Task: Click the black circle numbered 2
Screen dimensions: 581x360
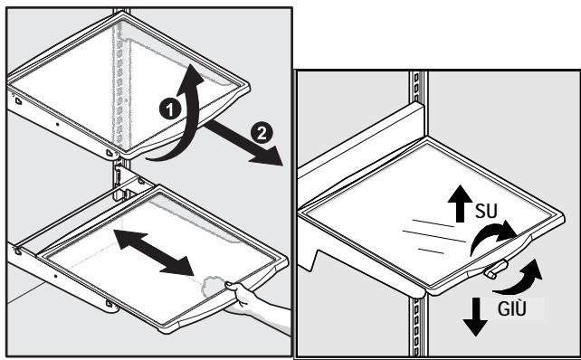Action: pyautogui.click(x=262, y=133)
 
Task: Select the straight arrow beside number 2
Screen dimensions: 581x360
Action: pyautogui.click(x=243, y=143)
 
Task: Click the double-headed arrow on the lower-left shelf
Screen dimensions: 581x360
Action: pyautogui.click(x=154, y=251)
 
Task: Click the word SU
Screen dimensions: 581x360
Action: pyautogui.click(x=486, y=211)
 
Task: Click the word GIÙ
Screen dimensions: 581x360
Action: pyautogui.click(x=511, y=308)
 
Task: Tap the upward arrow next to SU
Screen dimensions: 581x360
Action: pyautogui.click(x=460, y=203)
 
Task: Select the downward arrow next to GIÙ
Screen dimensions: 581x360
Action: pyautogui.click(x=475, y=317)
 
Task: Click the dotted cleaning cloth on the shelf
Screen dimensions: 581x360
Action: pyautogui.click(x=214, y=287)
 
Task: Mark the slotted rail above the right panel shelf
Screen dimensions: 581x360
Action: pyautogui.click(x=419, y=88)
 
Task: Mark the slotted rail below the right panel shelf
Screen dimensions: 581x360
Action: pyautogui.click(x=419, y=327)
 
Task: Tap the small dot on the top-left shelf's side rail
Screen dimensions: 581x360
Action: pyautogui.click(x=57, y=125)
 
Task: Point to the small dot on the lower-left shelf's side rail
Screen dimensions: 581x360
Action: pyautogui.click(x=55, y=276)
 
